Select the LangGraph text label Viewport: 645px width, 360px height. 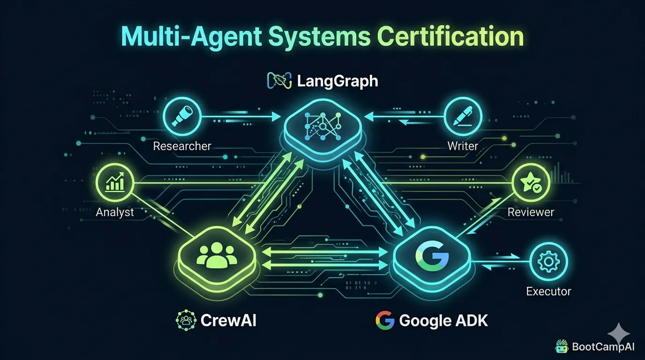tap(337, 81)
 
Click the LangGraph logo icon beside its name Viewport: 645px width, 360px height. tap(279, 80)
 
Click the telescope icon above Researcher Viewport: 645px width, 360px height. tap(182, 116)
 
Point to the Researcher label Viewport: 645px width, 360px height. tap(182, 146)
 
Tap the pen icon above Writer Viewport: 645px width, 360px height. tap(463, 116)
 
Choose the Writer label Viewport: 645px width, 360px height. tap(463, 146)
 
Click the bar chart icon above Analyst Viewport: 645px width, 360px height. tap(115, 182)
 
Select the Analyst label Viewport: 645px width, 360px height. tap(114, 212)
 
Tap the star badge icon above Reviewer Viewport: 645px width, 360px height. tap(531, 182)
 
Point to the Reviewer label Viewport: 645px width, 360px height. tap(531, 212)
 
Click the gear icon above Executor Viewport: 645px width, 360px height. tap(548, 262)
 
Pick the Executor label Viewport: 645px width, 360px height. tap(548, 292)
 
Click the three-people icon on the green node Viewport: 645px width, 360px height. tap(217, 255)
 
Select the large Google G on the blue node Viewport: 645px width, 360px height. tap(432, 256)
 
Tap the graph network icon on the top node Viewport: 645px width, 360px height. tap(323, 127)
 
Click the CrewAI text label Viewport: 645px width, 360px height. tap(228, 320)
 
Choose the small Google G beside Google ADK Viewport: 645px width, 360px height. tap(385, 320)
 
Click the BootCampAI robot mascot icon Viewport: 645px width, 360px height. tap(562, 346)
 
